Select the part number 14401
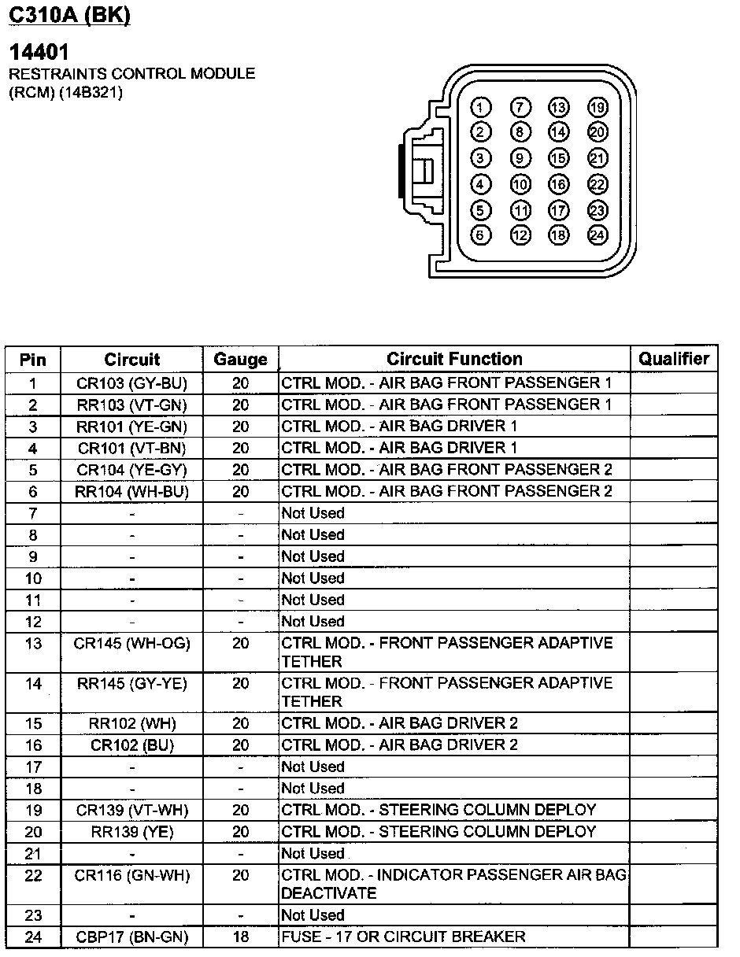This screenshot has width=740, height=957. coord(39,53)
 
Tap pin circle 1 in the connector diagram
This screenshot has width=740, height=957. coord(482,108)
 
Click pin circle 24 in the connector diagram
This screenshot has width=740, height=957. coord(598,235)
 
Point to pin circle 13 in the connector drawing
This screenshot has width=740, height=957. coord(559,108)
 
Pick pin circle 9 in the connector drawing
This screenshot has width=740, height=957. coord(520,158)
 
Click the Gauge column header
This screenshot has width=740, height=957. coord(240,360)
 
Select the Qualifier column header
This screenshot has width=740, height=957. coord(674,360)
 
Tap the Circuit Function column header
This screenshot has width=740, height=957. coord(454,360)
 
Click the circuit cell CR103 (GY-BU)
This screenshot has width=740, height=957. coord(132,383)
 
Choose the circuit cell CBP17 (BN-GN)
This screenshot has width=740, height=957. coord(132,937)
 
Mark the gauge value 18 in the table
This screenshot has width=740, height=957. coord(240,937)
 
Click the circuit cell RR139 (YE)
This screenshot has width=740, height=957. coord(132,832)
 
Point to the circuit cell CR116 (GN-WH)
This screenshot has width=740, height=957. coord(132,875)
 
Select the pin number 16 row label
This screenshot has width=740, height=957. coord(33,745)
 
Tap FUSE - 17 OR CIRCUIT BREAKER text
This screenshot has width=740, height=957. coord(403,937)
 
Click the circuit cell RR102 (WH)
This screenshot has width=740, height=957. coord(132,723)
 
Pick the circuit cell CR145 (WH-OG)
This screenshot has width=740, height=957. coord(132,643)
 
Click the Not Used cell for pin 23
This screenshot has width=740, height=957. coord(313,915)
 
